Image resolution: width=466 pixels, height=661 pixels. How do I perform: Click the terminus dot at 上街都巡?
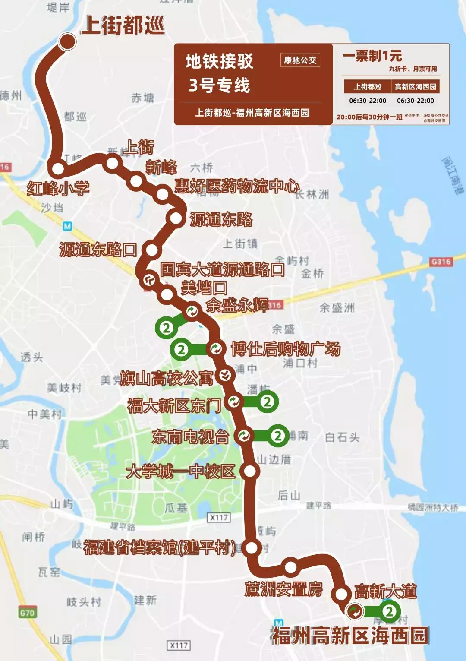68,41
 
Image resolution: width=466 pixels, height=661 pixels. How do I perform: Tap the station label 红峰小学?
58,189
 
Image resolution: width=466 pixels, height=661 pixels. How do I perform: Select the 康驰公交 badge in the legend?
300,60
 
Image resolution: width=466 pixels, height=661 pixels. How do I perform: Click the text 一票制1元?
372,56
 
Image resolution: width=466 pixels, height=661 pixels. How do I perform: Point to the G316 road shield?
441,262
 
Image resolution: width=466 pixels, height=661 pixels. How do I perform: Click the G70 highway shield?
27,612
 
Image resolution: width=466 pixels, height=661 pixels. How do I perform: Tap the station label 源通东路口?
98,250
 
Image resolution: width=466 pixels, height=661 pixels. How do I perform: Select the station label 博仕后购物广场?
286,349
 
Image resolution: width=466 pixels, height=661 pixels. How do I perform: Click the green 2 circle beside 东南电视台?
278,436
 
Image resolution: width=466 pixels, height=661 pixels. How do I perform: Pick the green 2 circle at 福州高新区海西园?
389,611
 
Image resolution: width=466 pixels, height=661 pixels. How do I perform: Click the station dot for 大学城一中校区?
250,471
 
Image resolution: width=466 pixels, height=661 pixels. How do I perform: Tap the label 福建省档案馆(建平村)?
160,547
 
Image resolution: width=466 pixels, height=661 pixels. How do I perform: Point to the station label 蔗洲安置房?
283,589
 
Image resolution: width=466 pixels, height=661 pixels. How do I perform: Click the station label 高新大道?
385,591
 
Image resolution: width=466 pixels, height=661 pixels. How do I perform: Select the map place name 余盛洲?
337,307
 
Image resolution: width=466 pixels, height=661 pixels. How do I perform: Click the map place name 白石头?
342,437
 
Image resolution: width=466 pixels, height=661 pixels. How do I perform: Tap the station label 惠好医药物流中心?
236,186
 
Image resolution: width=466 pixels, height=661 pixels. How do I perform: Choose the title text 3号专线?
219,85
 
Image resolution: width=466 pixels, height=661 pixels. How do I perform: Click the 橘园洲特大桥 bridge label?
433,507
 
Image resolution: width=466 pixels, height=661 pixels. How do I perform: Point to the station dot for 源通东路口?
152,250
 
